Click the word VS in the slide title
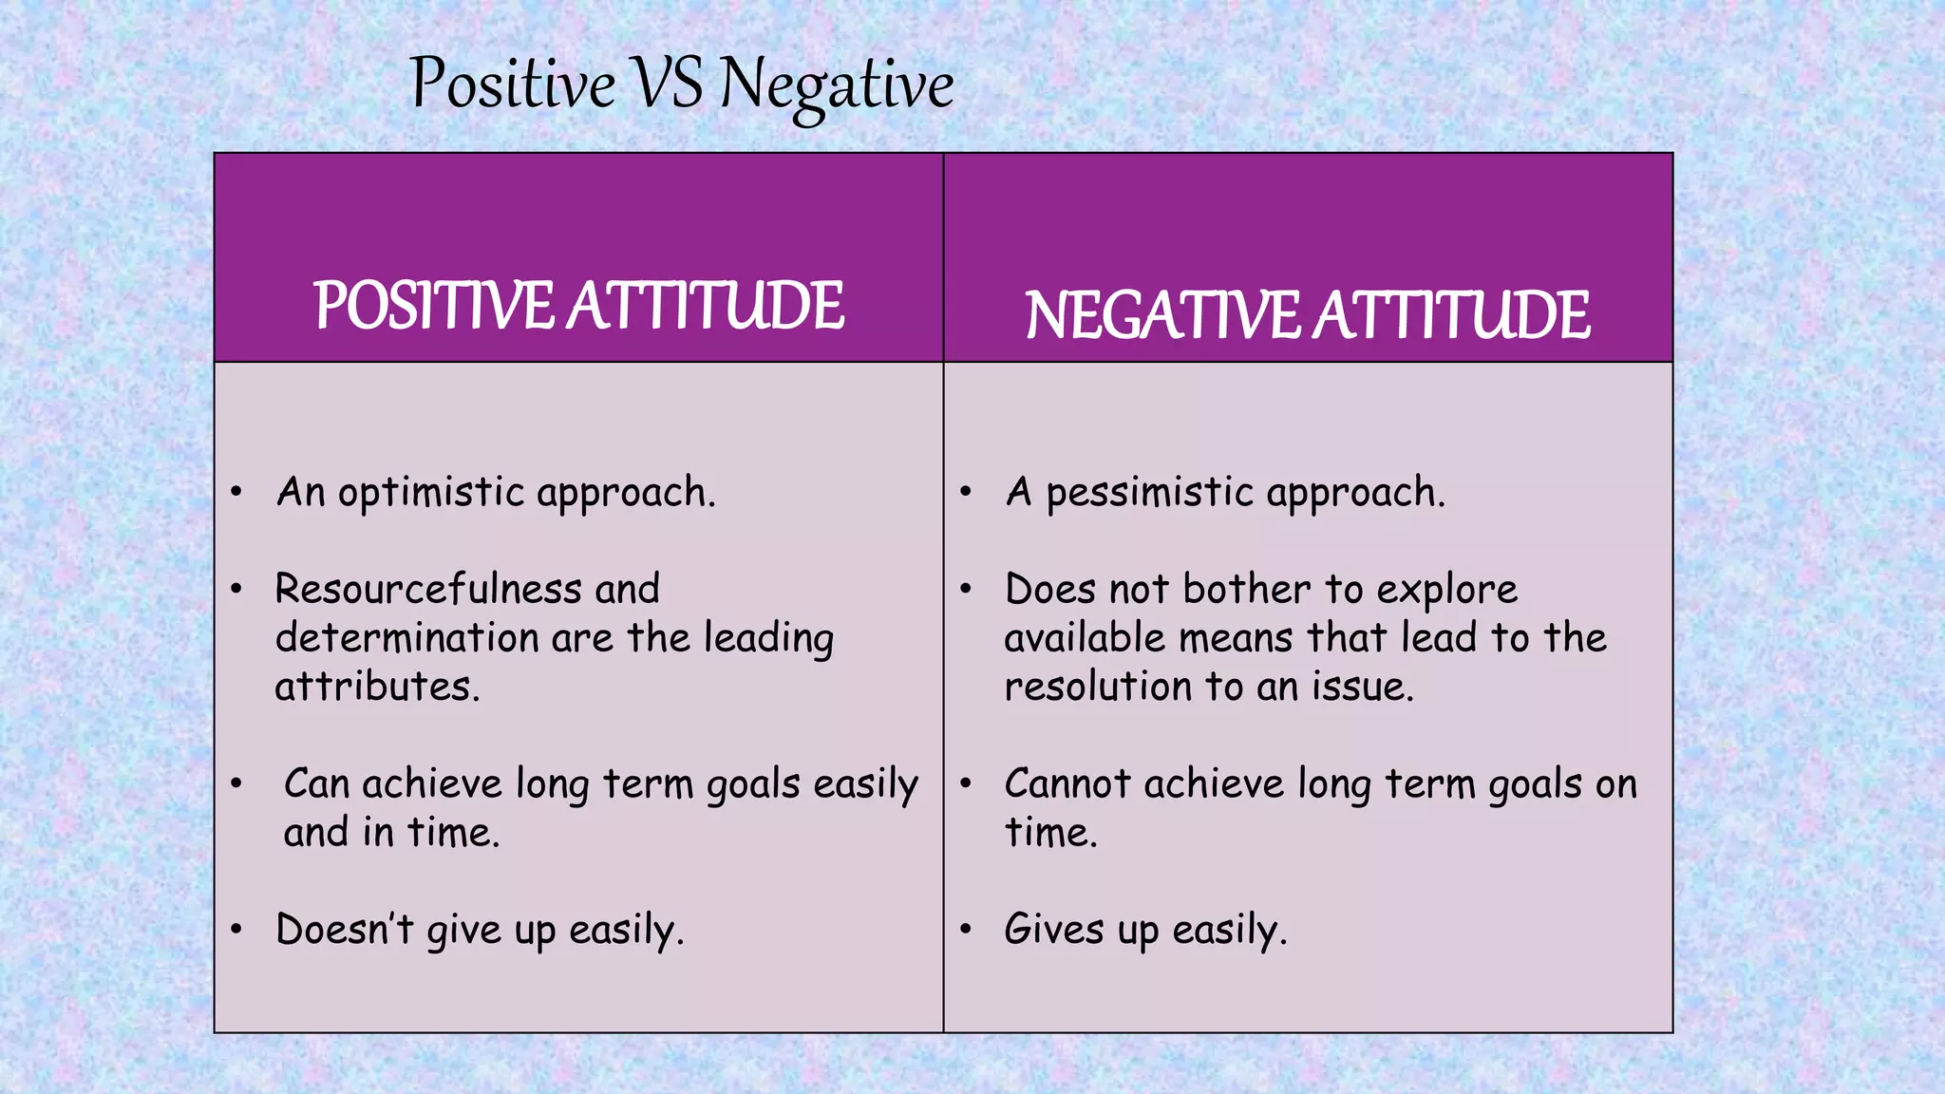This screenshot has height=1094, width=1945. [668, 84]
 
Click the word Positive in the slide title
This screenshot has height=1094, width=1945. [513, 84]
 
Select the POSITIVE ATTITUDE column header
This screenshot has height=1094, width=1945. [578, 306]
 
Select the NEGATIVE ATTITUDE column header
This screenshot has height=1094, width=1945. [1307, 315]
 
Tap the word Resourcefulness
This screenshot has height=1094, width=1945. [427, 590]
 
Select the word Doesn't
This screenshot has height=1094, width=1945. [344, 929]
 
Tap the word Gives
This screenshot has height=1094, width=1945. [1054, 929]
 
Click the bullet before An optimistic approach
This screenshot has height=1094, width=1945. [236, 492]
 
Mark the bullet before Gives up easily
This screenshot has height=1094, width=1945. [965, 928]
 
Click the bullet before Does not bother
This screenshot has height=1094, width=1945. [965, 589]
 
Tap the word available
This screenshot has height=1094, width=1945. [1084, 638]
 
